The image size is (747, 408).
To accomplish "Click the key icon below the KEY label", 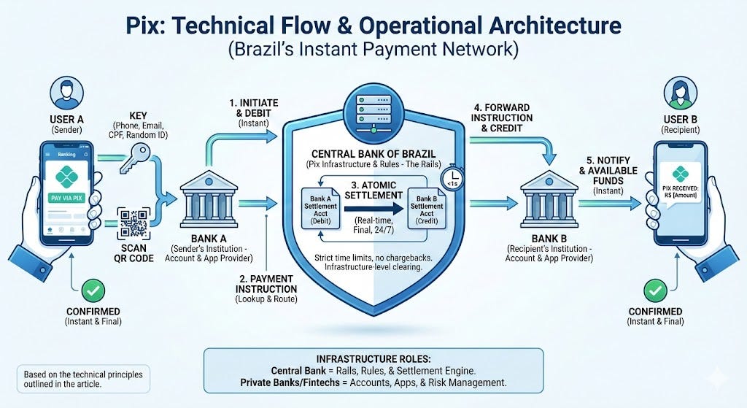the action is [x=135, y=158].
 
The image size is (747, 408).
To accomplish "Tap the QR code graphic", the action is [x=134, y=223].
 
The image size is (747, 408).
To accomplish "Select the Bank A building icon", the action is [x=209, y=201].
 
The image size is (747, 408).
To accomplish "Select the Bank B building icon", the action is [x=549, y=200].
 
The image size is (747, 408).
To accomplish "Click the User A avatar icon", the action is [x=66, y=93].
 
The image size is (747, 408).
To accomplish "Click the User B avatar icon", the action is [x=681, y=93].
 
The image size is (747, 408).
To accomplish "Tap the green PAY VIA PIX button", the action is [x=66, y=197].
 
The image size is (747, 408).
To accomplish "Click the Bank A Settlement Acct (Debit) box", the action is [x=321, y=209].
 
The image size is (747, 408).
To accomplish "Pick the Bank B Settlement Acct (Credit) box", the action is [x=426, y=209].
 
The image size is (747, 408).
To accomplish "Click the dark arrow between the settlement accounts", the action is [x=373, y=208].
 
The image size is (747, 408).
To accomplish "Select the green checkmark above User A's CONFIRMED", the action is [x=93, y=290].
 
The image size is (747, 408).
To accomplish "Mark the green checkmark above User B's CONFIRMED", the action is [x=656, y=290].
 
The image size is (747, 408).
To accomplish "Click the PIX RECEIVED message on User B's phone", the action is [x=681, y=192].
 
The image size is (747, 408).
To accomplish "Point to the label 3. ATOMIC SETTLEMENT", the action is [x=373, y=190].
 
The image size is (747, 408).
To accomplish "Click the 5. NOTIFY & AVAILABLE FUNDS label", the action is [x=608, y=171].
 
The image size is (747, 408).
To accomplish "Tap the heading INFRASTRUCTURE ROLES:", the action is [x=373, y=359].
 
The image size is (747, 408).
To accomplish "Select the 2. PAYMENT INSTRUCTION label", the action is [x=266, y=284].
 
